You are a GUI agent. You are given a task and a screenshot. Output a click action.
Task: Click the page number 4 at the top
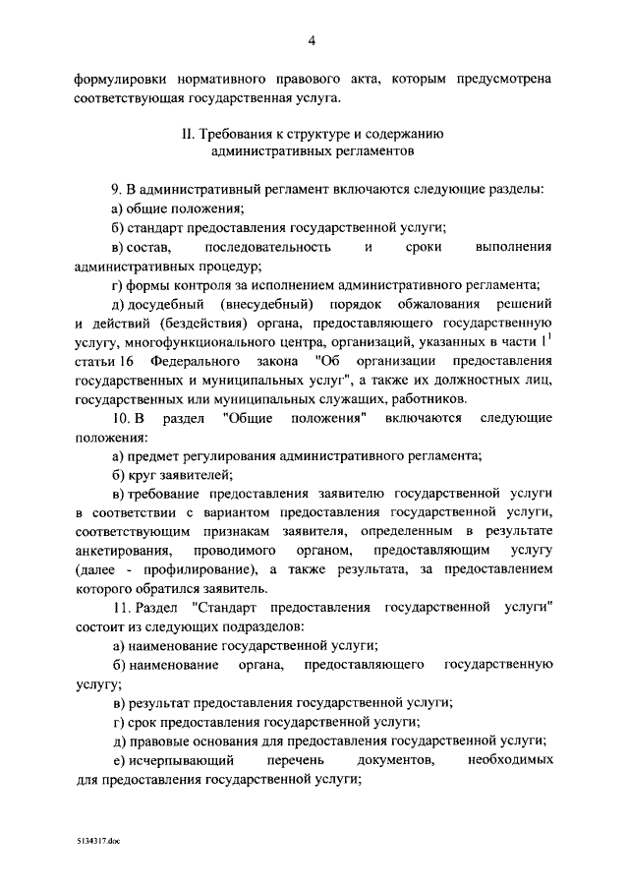click(312, 40)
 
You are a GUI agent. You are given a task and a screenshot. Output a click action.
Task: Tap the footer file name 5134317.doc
click(98, 842)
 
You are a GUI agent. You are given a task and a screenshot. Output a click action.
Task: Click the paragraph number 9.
click(116, 188)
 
